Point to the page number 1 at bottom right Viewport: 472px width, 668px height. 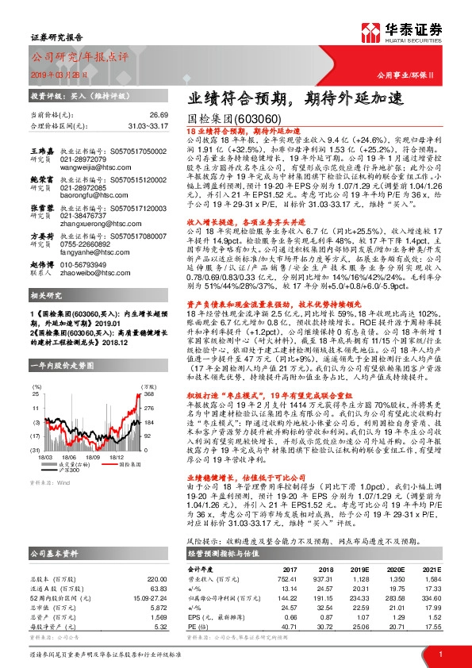tap(439, 654)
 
